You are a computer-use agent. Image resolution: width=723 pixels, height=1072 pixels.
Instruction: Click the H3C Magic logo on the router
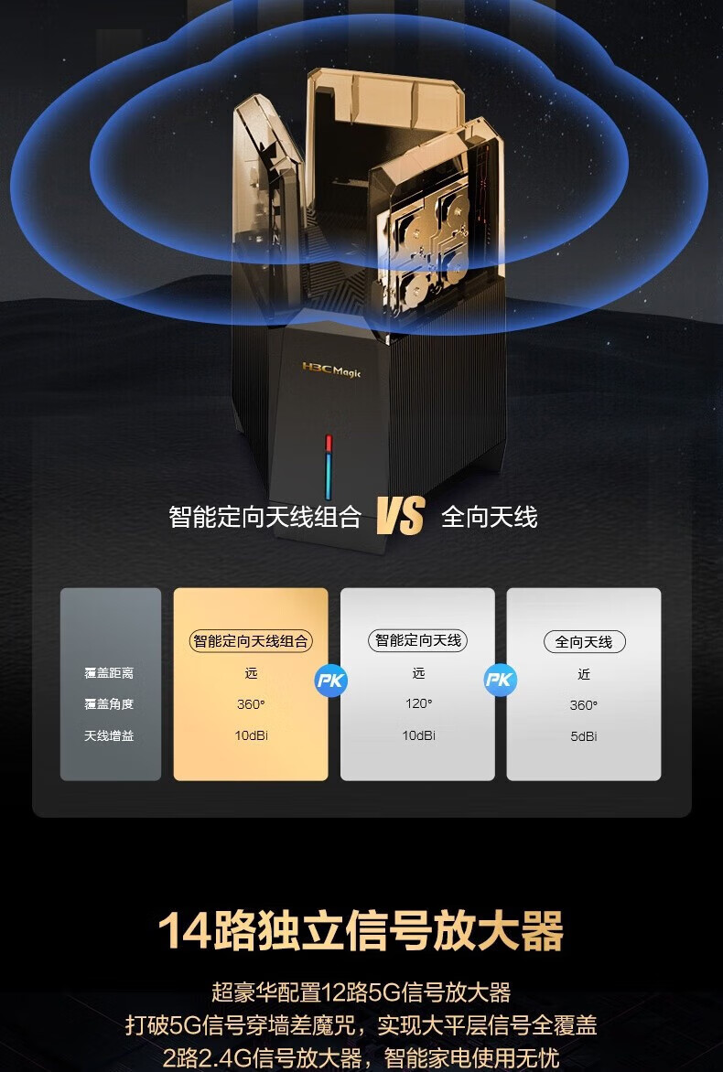pos(331,370)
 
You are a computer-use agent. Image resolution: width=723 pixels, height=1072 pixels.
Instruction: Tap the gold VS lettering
pos(401,516)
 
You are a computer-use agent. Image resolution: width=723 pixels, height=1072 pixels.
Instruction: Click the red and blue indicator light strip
pos(329,467)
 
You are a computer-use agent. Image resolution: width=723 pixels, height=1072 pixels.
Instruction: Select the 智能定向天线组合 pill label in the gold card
pos(251,640)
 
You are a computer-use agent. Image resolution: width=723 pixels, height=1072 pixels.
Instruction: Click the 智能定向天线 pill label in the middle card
pos(417,640)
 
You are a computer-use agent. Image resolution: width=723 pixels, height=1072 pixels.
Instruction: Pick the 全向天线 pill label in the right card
pos(584,642)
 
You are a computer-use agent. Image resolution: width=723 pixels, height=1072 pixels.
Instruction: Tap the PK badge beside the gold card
pos(331,681)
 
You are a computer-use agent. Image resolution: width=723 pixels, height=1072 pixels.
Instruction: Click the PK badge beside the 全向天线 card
pos(500,680)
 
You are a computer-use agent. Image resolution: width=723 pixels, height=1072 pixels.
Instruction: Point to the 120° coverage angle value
pos(418,703)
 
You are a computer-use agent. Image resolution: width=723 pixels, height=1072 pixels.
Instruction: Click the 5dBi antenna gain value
pos(584,736)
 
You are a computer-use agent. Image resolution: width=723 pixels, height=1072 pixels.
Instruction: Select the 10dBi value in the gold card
pos(251,735)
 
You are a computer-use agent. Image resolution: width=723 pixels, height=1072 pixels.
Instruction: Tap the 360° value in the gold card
pos(251,704)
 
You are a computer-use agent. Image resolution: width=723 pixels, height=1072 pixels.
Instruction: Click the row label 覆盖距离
pos(109,672)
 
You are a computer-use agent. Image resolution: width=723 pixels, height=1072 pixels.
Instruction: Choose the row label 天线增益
pos(109,735)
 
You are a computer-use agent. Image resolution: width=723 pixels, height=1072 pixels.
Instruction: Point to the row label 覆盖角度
pos(109,704)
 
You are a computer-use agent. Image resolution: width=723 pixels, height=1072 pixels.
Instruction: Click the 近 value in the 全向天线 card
pos(584,674)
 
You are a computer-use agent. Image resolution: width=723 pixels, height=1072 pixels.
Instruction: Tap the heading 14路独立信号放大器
pos(361,930)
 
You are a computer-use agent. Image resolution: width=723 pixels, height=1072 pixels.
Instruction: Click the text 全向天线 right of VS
pos(489,517)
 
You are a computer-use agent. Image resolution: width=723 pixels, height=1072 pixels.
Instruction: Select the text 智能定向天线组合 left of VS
pos(264,517)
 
